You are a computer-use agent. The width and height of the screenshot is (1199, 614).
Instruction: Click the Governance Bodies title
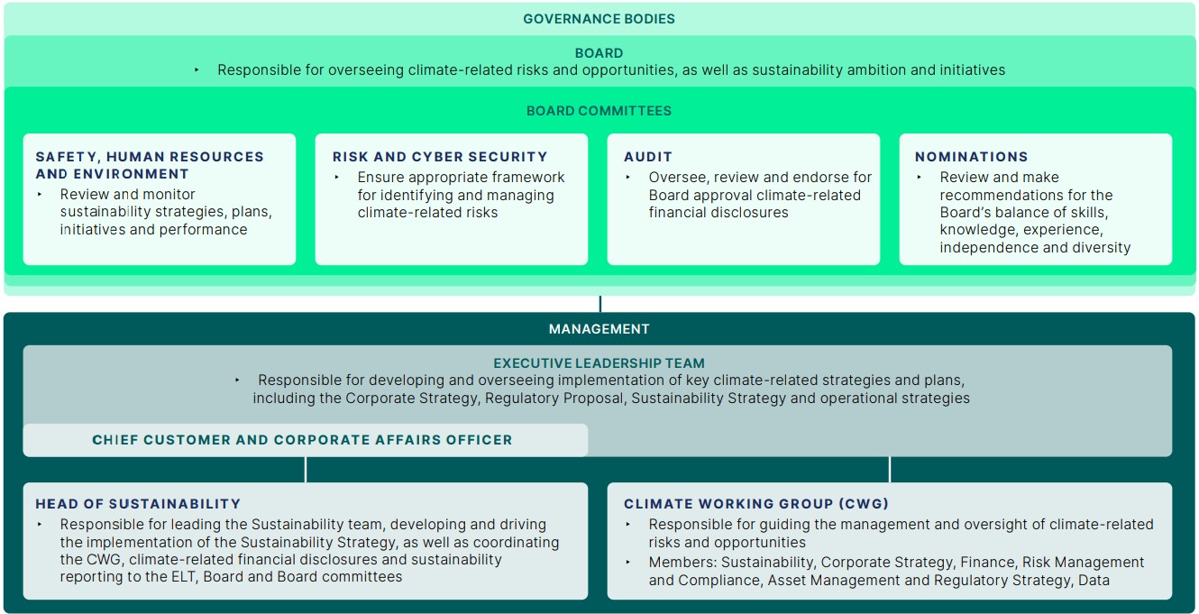click(599, 18)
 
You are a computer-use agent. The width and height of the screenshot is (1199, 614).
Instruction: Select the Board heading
click(599, 53)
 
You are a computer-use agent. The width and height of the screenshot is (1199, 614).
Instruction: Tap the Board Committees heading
click(599, 111)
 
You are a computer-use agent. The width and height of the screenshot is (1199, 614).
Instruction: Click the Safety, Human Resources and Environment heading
click(150, 165)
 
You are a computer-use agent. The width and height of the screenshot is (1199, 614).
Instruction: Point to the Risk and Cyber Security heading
click(440, 157)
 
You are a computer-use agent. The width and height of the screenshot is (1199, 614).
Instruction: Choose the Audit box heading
click(648, 157)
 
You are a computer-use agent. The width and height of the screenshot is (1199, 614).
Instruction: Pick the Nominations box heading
click(971, 157)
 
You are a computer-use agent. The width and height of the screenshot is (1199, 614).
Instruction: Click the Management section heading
click(599, 329)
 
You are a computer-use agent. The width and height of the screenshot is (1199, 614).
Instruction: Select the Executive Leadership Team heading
click(599, 363)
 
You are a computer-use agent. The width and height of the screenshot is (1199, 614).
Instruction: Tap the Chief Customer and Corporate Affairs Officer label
click(302, 440)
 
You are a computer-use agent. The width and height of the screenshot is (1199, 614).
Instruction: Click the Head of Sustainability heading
click(138, 504)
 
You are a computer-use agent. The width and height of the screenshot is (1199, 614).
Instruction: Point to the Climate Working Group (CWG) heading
click(755, 504)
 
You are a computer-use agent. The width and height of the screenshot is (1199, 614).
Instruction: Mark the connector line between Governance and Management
click(599, 304)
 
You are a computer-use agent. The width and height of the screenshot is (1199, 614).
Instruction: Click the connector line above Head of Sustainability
click(306, 470)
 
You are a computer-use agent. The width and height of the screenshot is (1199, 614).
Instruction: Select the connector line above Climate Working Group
click(890, 470)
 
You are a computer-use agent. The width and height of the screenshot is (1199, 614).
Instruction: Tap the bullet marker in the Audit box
click(629, 178)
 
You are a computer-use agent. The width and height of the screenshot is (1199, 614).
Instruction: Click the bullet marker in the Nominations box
click(920, 178)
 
